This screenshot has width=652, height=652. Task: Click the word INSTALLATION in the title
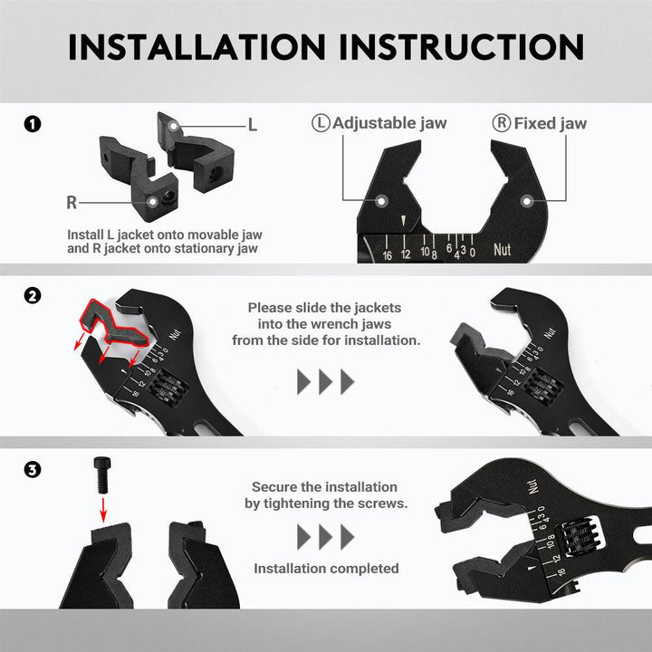click(197, 47)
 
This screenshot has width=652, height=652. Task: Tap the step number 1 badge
click(33, 124)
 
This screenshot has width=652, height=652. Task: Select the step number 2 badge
click(33, 296)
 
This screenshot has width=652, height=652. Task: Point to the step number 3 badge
click(33, 470)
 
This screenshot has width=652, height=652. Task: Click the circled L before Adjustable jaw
click(321, 123)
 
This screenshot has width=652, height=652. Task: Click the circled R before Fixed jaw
click(502, 123)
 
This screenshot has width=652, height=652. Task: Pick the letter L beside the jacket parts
click(252, 125)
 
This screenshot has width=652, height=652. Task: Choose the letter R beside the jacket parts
click(72, 203)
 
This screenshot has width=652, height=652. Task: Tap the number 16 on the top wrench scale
click(388, 255)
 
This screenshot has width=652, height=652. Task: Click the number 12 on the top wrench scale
click(406, 254)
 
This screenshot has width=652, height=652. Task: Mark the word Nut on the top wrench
click(502, 250)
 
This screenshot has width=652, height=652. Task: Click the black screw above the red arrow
click(102, 475)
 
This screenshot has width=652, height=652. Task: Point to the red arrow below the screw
click(103, 510)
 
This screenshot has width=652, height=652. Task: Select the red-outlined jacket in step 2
click(113, 323)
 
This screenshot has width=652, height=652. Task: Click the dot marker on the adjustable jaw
click(381, 201)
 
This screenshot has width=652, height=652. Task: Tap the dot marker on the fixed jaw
click(527, 201)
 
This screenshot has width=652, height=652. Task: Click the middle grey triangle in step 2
click(325, 381)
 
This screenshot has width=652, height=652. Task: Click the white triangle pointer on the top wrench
click(403, 220)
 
